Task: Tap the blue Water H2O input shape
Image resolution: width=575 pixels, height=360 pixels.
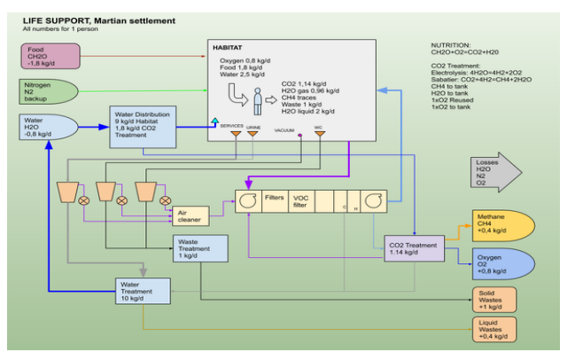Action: coord(49,129)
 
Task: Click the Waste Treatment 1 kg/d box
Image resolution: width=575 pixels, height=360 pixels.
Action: coord(199,248)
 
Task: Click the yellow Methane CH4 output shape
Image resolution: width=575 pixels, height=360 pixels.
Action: coord(502,225)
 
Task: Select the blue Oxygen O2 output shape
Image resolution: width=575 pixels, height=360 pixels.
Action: coord(502,263)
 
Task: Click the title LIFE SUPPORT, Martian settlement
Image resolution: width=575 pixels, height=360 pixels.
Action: coord(98,20)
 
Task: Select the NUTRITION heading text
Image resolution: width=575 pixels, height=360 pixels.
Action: coord(452,44)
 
